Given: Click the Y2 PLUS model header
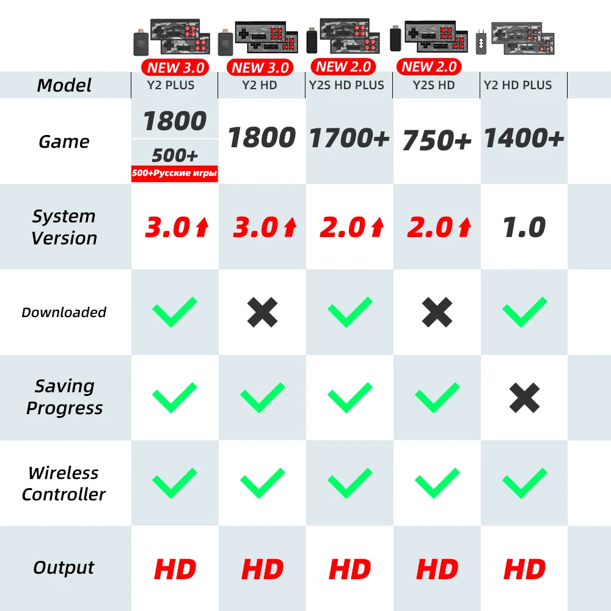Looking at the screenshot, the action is [x=171, y=85].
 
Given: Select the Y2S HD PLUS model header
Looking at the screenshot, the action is [x=346, y=85].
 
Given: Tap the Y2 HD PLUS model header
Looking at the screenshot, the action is [x=518, y=85].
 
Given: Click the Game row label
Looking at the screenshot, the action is [x=64, y=142].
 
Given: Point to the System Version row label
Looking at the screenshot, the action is [x=64, y=227].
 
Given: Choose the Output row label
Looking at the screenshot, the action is [x=64, y=568].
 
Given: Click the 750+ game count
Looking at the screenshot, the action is [x=437, y=141].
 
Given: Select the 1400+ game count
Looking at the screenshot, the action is [x=524, y=139].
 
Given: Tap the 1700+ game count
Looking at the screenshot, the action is [x=349, y=139].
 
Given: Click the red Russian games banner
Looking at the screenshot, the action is [x=175, y=174].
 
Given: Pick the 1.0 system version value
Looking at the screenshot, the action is [x=524, y=227].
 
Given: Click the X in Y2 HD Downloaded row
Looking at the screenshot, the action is [x=262, y=313].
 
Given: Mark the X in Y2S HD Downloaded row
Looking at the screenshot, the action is [x=437, y=313].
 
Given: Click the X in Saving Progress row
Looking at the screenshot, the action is [x=524, y=398].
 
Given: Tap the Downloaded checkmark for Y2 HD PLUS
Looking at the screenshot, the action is [x=524, y=312].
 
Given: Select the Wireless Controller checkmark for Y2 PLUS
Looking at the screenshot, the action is [x=174, y=483].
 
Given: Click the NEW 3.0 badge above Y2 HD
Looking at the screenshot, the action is [x=260, y=68].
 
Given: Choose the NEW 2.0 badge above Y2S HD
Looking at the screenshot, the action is [x=430, y=67].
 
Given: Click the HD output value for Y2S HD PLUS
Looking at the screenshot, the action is [x=349, y=569].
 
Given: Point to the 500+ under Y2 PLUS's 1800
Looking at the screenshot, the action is [x=175, y=155].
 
